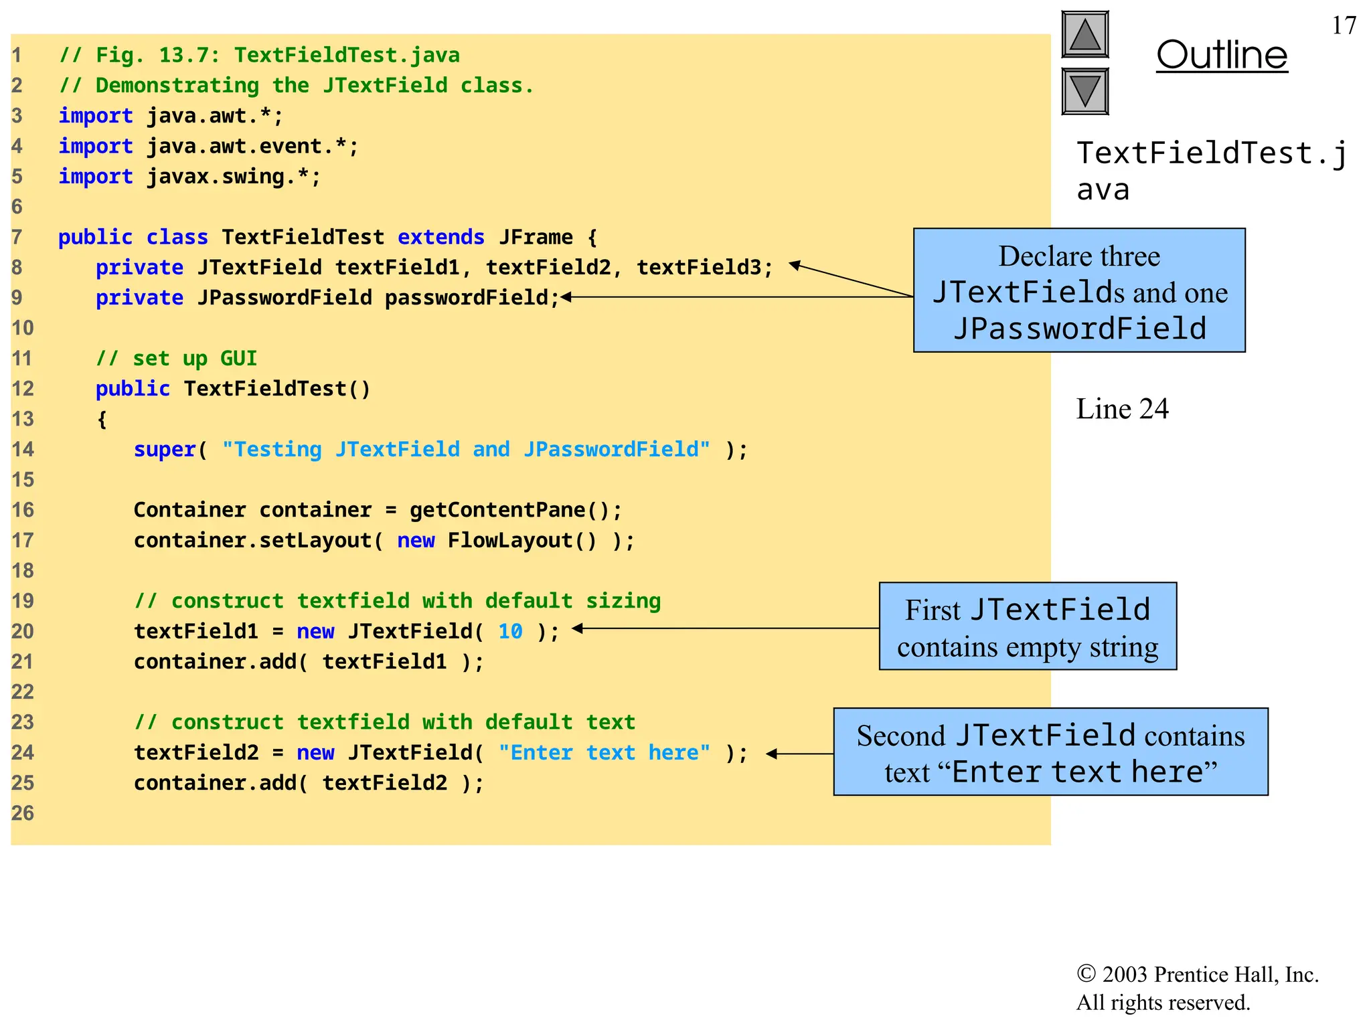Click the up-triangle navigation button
[x=1084, y=35]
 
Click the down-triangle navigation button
[x=1084, y=91]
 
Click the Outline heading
[x=1221, y=55]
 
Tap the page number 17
[x=1344, y=25]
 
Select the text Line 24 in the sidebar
[x=1122, y=409]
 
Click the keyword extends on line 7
[x=440, y=237]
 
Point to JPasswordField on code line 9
[x=284, y=297]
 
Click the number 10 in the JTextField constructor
[x=510, y=631]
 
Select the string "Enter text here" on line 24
[x=604, y=752]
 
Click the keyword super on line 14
[x=165, y=449]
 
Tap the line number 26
[x=22, y=813]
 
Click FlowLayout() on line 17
[x=521, y=540]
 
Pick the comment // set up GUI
[x=176, y=358]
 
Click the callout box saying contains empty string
[x=1027, y=626]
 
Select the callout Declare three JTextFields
[x=1078, y=290]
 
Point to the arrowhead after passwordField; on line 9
[x=566, y=297]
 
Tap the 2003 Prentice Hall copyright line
[x=1197, y=974]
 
